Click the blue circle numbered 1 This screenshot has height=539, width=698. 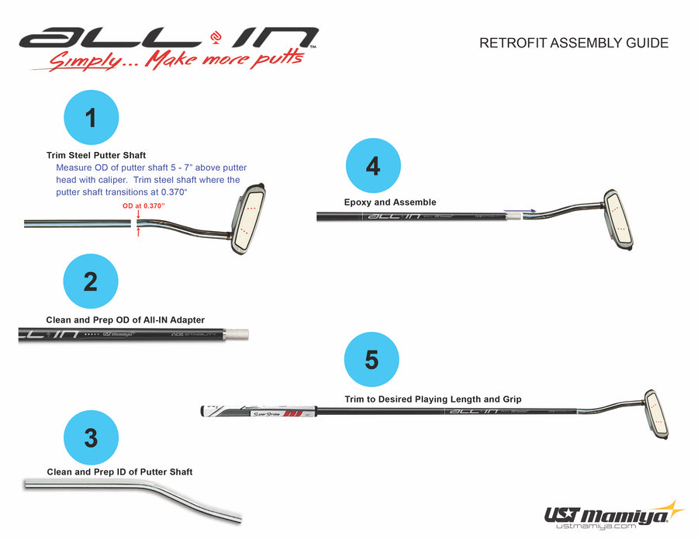tap(91, 118)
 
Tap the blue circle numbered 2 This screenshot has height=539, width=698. tap(91, 282)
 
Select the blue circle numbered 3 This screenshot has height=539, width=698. tap(91, 437)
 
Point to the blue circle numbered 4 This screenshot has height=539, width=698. tap(373, 165)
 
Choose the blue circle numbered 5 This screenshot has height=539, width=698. tap(372, 361)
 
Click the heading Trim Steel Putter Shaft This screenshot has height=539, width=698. tap(96, 156)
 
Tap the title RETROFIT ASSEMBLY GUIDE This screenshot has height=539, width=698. tap(574, 43)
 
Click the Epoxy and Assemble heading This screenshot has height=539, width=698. tap(390, 202)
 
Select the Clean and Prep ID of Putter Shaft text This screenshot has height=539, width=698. tap(119, 472)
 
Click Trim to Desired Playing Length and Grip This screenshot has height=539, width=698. tap(433, 399)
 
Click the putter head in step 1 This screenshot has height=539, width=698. tap(249, 219)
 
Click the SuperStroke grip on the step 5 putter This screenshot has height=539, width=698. tap(260, 411)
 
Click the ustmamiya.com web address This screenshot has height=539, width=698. tap(596, 527)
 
